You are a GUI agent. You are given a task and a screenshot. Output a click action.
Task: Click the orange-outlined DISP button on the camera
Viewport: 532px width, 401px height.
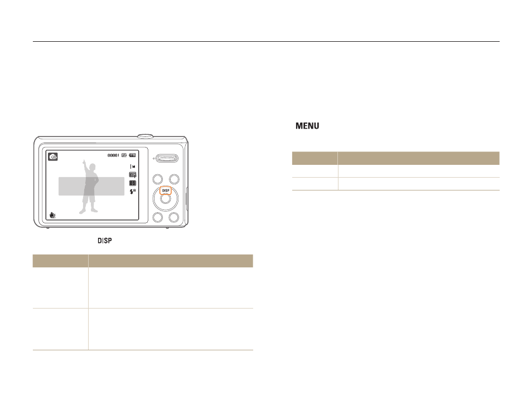166,191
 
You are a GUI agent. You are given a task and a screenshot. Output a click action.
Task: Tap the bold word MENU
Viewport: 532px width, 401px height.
307,126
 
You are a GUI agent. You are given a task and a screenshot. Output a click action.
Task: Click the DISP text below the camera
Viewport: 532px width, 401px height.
105,241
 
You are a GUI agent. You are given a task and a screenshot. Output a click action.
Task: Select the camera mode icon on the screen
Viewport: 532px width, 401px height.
53,157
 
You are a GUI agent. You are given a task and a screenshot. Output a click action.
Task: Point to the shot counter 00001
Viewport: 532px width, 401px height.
113,155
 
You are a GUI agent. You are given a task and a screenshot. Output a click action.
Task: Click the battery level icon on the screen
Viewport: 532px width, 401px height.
132,155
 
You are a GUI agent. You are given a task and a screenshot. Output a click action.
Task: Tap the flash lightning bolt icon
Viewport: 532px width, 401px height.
133,192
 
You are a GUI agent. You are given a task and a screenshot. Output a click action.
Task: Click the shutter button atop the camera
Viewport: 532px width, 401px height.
145,136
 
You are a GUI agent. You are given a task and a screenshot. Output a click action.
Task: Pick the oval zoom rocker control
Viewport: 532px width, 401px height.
167,158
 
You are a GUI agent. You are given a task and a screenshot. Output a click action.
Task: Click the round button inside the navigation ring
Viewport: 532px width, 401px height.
166,199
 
